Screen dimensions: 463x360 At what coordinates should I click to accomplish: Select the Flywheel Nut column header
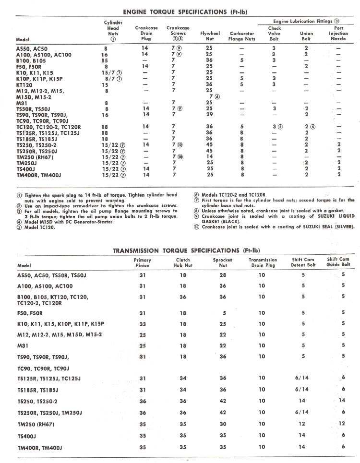209,34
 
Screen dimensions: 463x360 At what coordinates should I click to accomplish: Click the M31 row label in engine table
22,102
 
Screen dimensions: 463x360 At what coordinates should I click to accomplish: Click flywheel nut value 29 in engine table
209,115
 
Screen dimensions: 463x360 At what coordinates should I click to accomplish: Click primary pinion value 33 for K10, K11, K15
143,324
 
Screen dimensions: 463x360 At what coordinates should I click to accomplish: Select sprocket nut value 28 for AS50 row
222,275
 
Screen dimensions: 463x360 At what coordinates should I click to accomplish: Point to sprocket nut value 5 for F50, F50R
224,312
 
